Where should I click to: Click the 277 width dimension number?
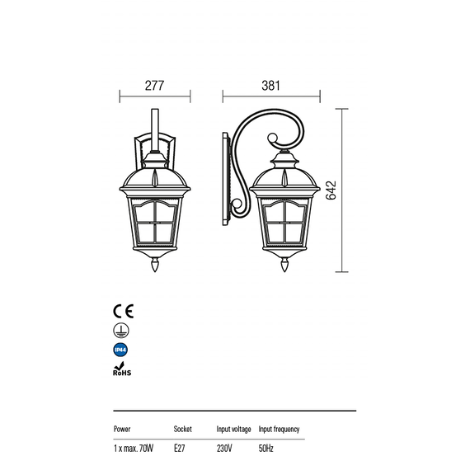point(154,86)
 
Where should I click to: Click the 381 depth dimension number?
point(270,86)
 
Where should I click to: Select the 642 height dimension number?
point(331,190)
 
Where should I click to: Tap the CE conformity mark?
point(123,311)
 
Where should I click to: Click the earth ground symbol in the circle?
point(121,331)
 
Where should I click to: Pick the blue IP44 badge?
point(120,350)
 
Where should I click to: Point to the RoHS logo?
point(122,369)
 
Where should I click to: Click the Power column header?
point(122,430)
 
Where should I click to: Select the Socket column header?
point(182,430)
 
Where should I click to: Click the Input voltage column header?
point(234,430)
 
